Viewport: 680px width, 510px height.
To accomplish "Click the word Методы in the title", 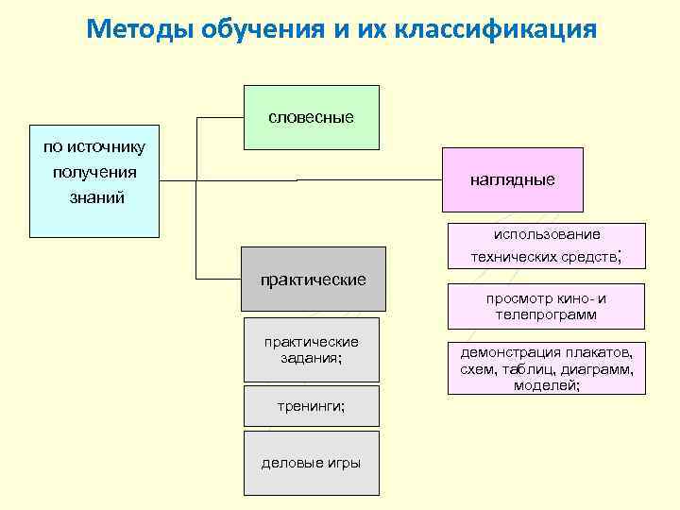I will coord(140,29).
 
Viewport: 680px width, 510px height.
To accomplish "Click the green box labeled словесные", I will coord(312,118).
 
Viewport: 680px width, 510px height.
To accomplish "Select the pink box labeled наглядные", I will coord(513,179).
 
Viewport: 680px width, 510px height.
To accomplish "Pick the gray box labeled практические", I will coord(314,280).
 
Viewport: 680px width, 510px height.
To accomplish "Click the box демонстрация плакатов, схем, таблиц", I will coord(547,368).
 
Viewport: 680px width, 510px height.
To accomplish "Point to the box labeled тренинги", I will coord(312,405).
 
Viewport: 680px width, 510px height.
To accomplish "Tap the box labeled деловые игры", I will coord(312,463).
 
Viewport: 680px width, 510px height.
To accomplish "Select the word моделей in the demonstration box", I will coord(547,385).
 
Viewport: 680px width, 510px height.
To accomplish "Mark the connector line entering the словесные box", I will coord(220,118).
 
